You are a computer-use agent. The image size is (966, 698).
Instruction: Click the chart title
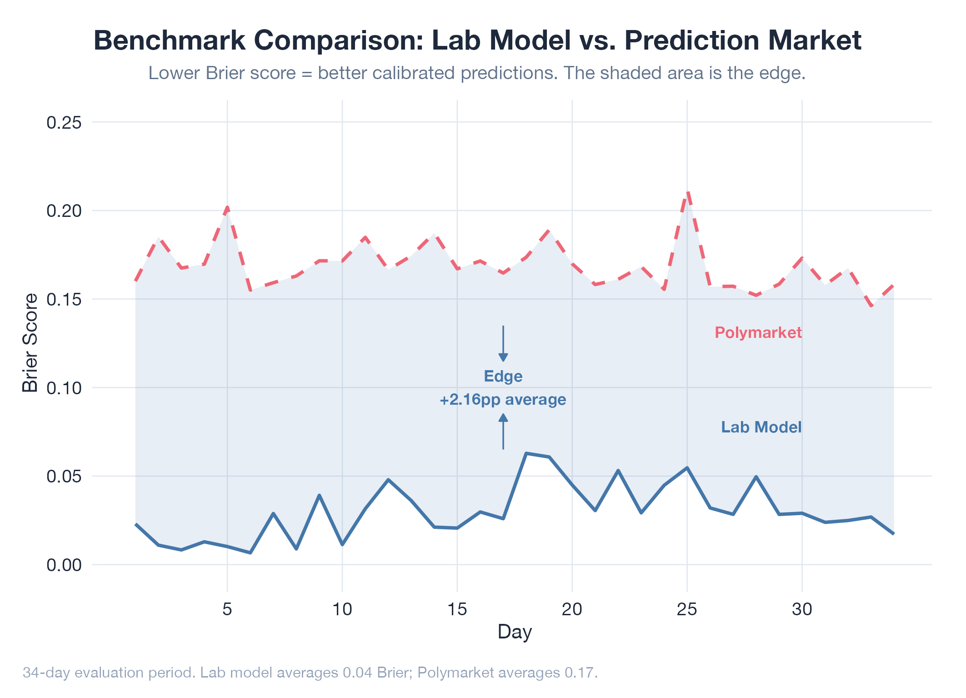(477, 40)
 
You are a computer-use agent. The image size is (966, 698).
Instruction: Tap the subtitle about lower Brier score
(477, 73)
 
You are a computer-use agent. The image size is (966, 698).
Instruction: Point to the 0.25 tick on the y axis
(64, 122)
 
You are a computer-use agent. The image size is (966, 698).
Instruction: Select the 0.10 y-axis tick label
(64, 388)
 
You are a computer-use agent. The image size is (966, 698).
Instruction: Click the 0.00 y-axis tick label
(64, 565)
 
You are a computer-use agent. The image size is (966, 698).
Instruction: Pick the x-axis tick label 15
(457, 609)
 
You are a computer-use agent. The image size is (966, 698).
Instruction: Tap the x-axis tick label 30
(802, 609)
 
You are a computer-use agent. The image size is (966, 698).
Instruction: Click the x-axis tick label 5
(227, 609)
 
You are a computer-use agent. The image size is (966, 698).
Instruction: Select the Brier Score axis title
(30, 343)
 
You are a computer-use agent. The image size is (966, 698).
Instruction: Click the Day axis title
(515, 632)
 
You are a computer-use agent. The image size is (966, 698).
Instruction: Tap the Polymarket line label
(758, 333)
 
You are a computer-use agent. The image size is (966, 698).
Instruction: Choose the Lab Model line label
(761, 427)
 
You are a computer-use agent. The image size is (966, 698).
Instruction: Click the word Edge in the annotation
(503, 377)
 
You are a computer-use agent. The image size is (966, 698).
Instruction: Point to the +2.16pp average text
(503, 400)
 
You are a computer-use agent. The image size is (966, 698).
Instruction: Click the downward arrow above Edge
(503, 344)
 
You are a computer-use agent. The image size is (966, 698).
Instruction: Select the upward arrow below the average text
(503, 431)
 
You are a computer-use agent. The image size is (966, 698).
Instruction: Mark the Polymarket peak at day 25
(687, 192)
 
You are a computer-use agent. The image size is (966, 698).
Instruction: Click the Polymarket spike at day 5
(227, 208)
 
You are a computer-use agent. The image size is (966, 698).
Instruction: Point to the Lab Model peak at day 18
(526, 453)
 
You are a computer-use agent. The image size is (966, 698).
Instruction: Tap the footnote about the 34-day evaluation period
(310, 673)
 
